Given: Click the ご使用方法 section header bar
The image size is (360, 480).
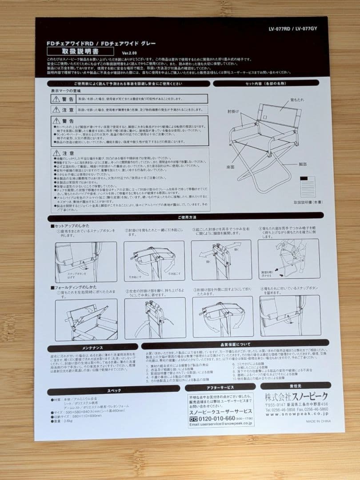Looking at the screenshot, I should pyautogui.click(x=186, y=217).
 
